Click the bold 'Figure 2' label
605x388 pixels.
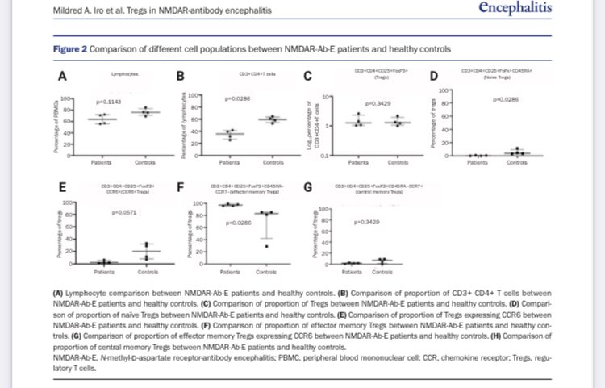70,48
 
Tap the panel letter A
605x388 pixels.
60,77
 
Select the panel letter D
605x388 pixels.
433,77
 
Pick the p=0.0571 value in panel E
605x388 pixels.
125,211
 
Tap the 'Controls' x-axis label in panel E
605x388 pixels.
148,272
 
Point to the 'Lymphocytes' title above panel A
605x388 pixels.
123,74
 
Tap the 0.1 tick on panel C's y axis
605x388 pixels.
323,154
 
